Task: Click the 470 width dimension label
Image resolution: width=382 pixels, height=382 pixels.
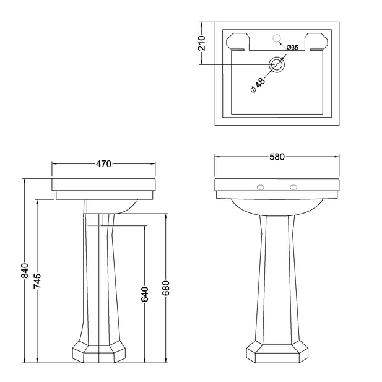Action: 103,164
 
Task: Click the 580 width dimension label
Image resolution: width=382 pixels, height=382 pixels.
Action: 277,157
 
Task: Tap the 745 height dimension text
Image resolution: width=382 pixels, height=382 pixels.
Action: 37,282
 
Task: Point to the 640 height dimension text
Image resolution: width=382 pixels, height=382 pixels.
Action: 145,294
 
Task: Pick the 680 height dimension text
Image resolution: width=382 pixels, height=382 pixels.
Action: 165,288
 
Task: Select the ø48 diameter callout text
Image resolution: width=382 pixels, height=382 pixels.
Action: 258,85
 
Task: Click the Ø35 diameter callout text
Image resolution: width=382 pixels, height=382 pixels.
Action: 293,47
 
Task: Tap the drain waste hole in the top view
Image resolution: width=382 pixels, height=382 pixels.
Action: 277,64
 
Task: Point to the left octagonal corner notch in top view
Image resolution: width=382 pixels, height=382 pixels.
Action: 237,42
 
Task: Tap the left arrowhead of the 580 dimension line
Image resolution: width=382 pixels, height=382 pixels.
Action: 217,157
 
